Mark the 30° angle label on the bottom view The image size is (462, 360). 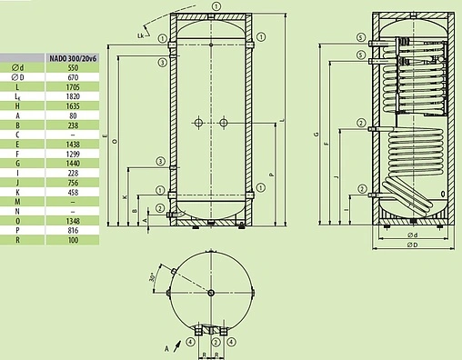(155, 278)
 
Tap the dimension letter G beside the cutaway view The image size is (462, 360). (316, 135)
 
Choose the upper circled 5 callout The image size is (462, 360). (360, 37)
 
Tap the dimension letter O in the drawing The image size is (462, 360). (105, 140)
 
